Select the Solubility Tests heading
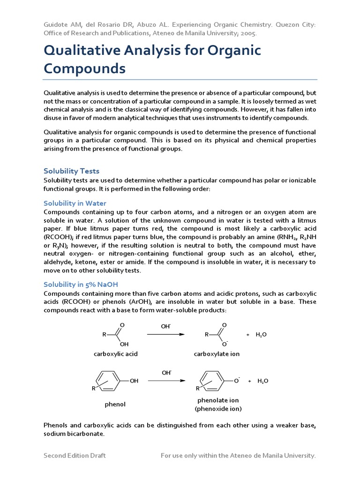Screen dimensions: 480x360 pyautogui.click(x=71, y=171)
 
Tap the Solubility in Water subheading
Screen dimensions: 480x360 pyautogui.click(x=75, y=203)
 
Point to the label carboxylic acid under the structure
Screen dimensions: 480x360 pyautogui.click(x=116, y=354)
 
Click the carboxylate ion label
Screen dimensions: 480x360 pyautogui.click(x=217, y=354)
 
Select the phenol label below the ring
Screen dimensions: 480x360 pyautogui.click(x=115, y=404)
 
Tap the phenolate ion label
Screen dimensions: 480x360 pyautogui.click(x=218, y=400)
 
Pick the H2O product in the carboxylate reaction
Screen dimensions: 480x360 pyautogui.click(x=261, y=335)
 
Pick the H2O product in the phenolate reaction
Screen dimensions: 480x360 pyautogui.click(x=263, y=381)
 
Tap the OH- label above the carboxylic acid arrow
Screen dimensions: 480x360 pyautogui.click(x=166, y=326)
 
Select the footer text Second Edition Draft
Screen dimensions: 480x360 pyautogui.click(x=75, y=455)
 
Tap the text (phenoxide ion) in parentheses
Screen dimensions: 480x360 pyautogui.click(x=218, y=409)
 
